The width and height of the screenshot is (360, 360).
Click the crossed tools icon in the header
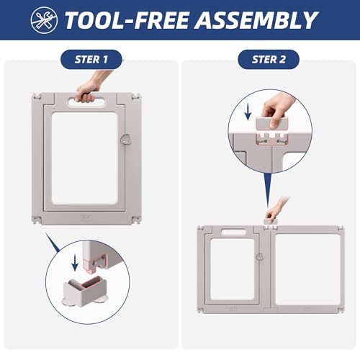click(x=44, y=20)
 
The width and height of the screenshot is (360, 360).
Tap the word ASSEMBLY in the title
click(x=256, y=20)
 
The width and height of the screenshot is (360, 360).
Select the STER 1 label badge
click(x=91, y=60)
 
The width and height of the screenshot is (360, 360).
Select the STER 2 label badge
click(x=269, y=60)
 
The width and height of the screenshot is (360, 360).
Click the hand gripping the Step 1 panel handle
click(x=90, y=88)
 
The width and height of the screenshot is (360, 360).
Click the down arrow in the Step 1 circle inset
click(x=75, y=263)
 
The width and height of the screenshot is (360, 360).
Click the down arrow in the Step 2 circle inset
click(x=248, y=112)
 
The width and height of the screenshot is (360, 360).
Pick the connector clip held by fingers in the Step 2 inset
click(x=271, y=123)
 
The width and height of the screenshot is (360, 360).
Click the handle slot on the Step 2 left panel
click(x=233, y=232)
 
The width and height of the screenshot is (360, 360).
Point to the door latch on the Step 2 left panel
click(x=259, y=257)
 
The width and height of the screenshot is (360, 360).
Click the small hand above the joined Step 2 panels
click(x=276, y=208)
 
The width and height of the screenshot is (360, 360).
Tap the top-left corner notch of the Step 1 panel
click(x=37, y=97)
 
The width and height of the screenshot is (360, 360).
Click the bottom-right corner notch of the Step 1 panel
click(x=135, y=220)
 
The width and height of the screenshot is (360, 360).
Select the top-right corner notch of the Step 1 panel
click(x=136, y=97)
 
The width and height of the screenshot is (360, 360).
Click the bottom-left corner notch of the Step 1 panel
click(x=37, y=220)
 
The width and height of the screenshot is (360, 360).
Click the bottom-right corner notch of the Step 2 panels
click(x=341, y=310)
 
